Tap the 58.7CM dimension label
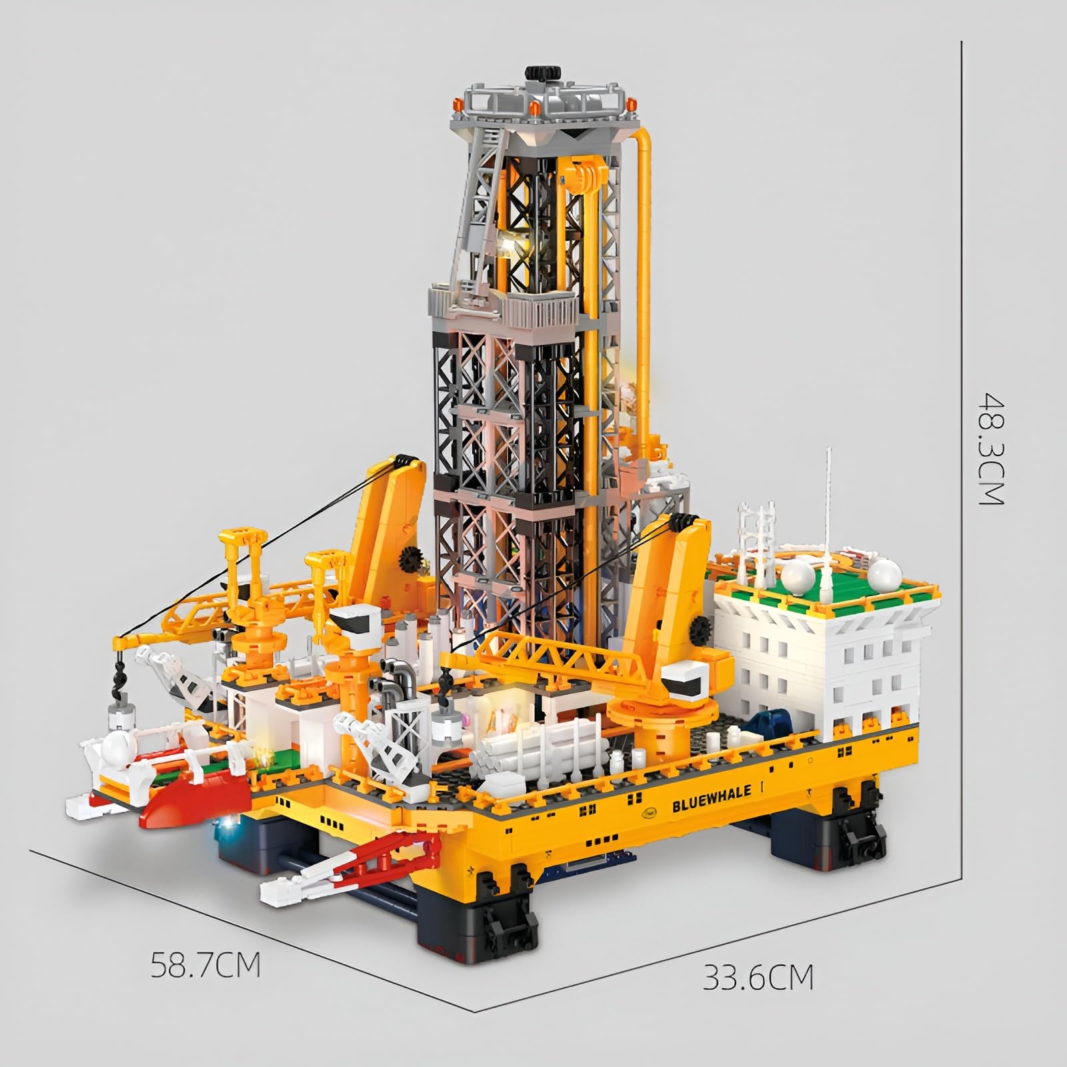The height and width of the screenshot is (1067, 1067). click(x=205, y=965)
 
